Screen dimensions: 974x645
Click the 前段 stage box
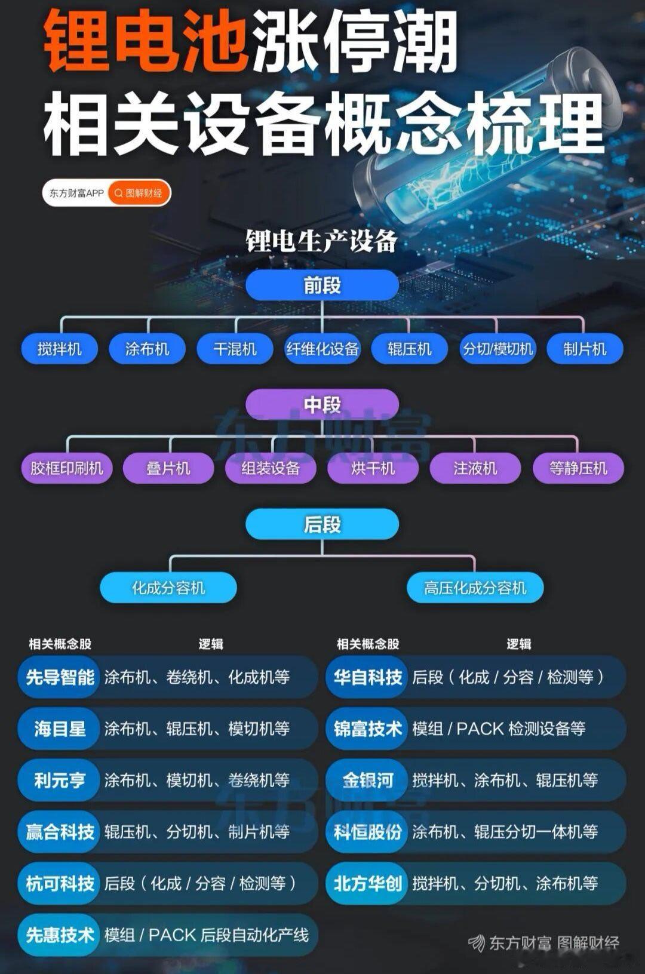(x=322, y=285)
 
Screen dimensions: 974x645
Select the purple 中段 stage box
(x=322, y=404)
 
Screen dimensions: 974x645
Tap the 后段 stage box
(x=322, y=524)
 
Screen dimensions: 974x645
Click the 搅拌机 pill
(x=60, y=349)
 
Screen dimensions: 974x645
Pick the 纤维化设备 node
(x=322, y=349)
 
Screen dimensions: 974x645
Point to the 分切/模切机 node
(x=497, y=349)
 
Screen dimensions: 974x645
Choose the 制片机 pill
(x=585, y=349)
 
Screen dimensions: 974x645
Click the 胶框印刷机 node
(x=67, y=468)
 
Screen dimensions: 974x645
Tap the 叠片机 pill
(x=168, y=468)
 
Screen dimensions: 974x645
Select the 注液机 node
(x=475, y=468)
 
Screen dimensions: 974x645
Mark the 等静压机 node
(x=578, y=468)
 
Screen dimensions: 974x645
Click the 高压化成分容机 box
(x=475, y=588)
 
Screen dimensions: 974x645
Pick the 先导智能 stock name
(x=60, y=677)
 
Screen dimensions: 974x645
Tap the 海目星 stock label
(x=60, y=729)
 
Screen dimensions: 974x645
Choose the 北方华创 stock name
(x=367, y=883)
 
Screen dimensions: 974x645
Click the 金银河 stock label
(x=367, y=780)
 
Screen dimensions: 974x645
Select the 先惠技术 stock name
(x=60, y=935)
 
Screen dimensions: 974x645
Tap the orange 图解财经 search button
(x=139, y=193)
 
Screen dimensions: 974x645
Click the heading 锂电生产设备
(x=322, y=241)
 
